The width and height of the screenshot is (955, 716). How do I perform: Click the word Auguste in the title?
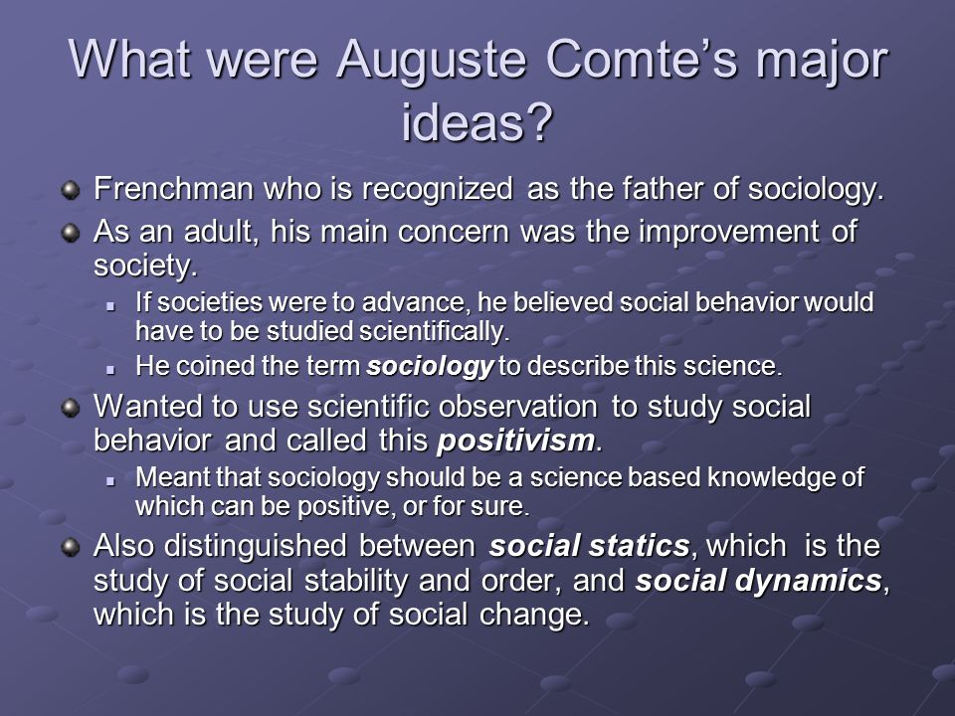[x=431, y=60]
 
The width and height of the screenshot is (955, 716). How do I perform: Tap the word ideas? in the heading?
[x=477, y=121]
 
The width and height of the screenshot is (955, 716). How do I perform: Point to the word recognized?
[x=438, y=190]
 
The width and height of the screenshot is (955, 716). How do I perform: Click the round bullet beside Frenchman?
[x=71, y=190]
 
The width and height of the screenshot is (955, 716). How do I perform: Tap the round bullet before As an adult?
[x=71, y=233]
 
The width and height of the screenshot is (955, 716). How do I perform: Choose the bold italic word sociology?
[x=430, y=367]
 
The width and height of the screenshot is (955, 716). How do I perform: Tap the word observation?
[x=517, y=407]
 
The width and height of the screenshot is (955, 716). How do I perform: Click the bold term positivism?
[x=516, y=442]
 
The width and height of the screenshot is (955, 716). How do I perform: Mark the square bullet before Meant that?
[x=110, y=480]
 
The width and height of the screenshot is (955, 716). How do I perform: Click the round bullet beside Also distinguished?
[x=71, y=547]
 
